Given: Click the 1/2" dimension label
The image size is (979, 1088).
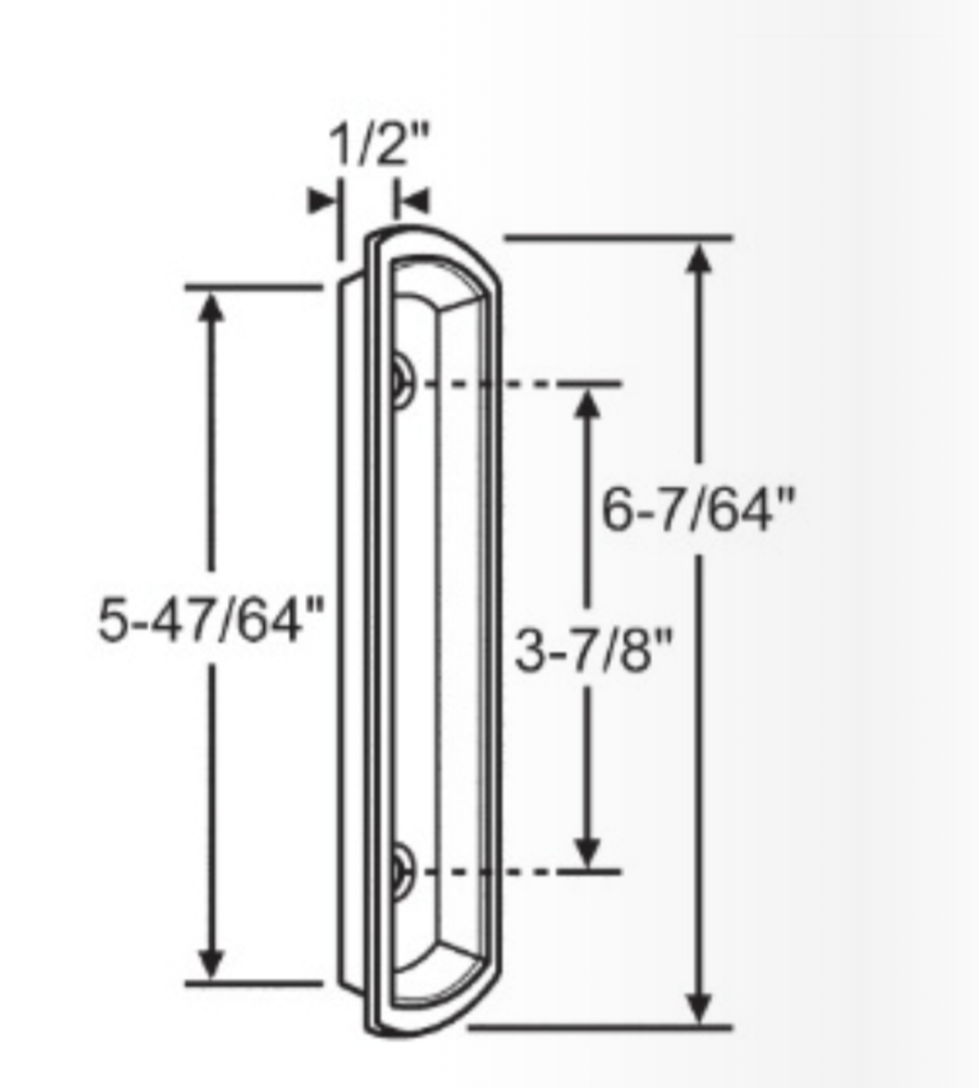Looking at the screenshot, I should click(x=379, y=146).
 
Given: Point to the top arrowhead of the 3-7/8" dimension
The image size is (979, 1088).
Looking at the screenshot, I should click(x=587, y=404).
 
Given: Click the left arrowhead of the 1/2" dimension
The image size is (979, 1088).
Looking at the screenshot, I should click(x=321, y=201).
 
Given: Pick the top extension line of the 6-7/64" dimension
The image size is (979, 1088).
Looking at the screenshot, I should click(x=620, y=238).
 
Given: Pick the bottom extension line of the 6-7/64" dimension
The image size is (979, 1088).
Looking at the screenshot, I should click(x=598, y=1027).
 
